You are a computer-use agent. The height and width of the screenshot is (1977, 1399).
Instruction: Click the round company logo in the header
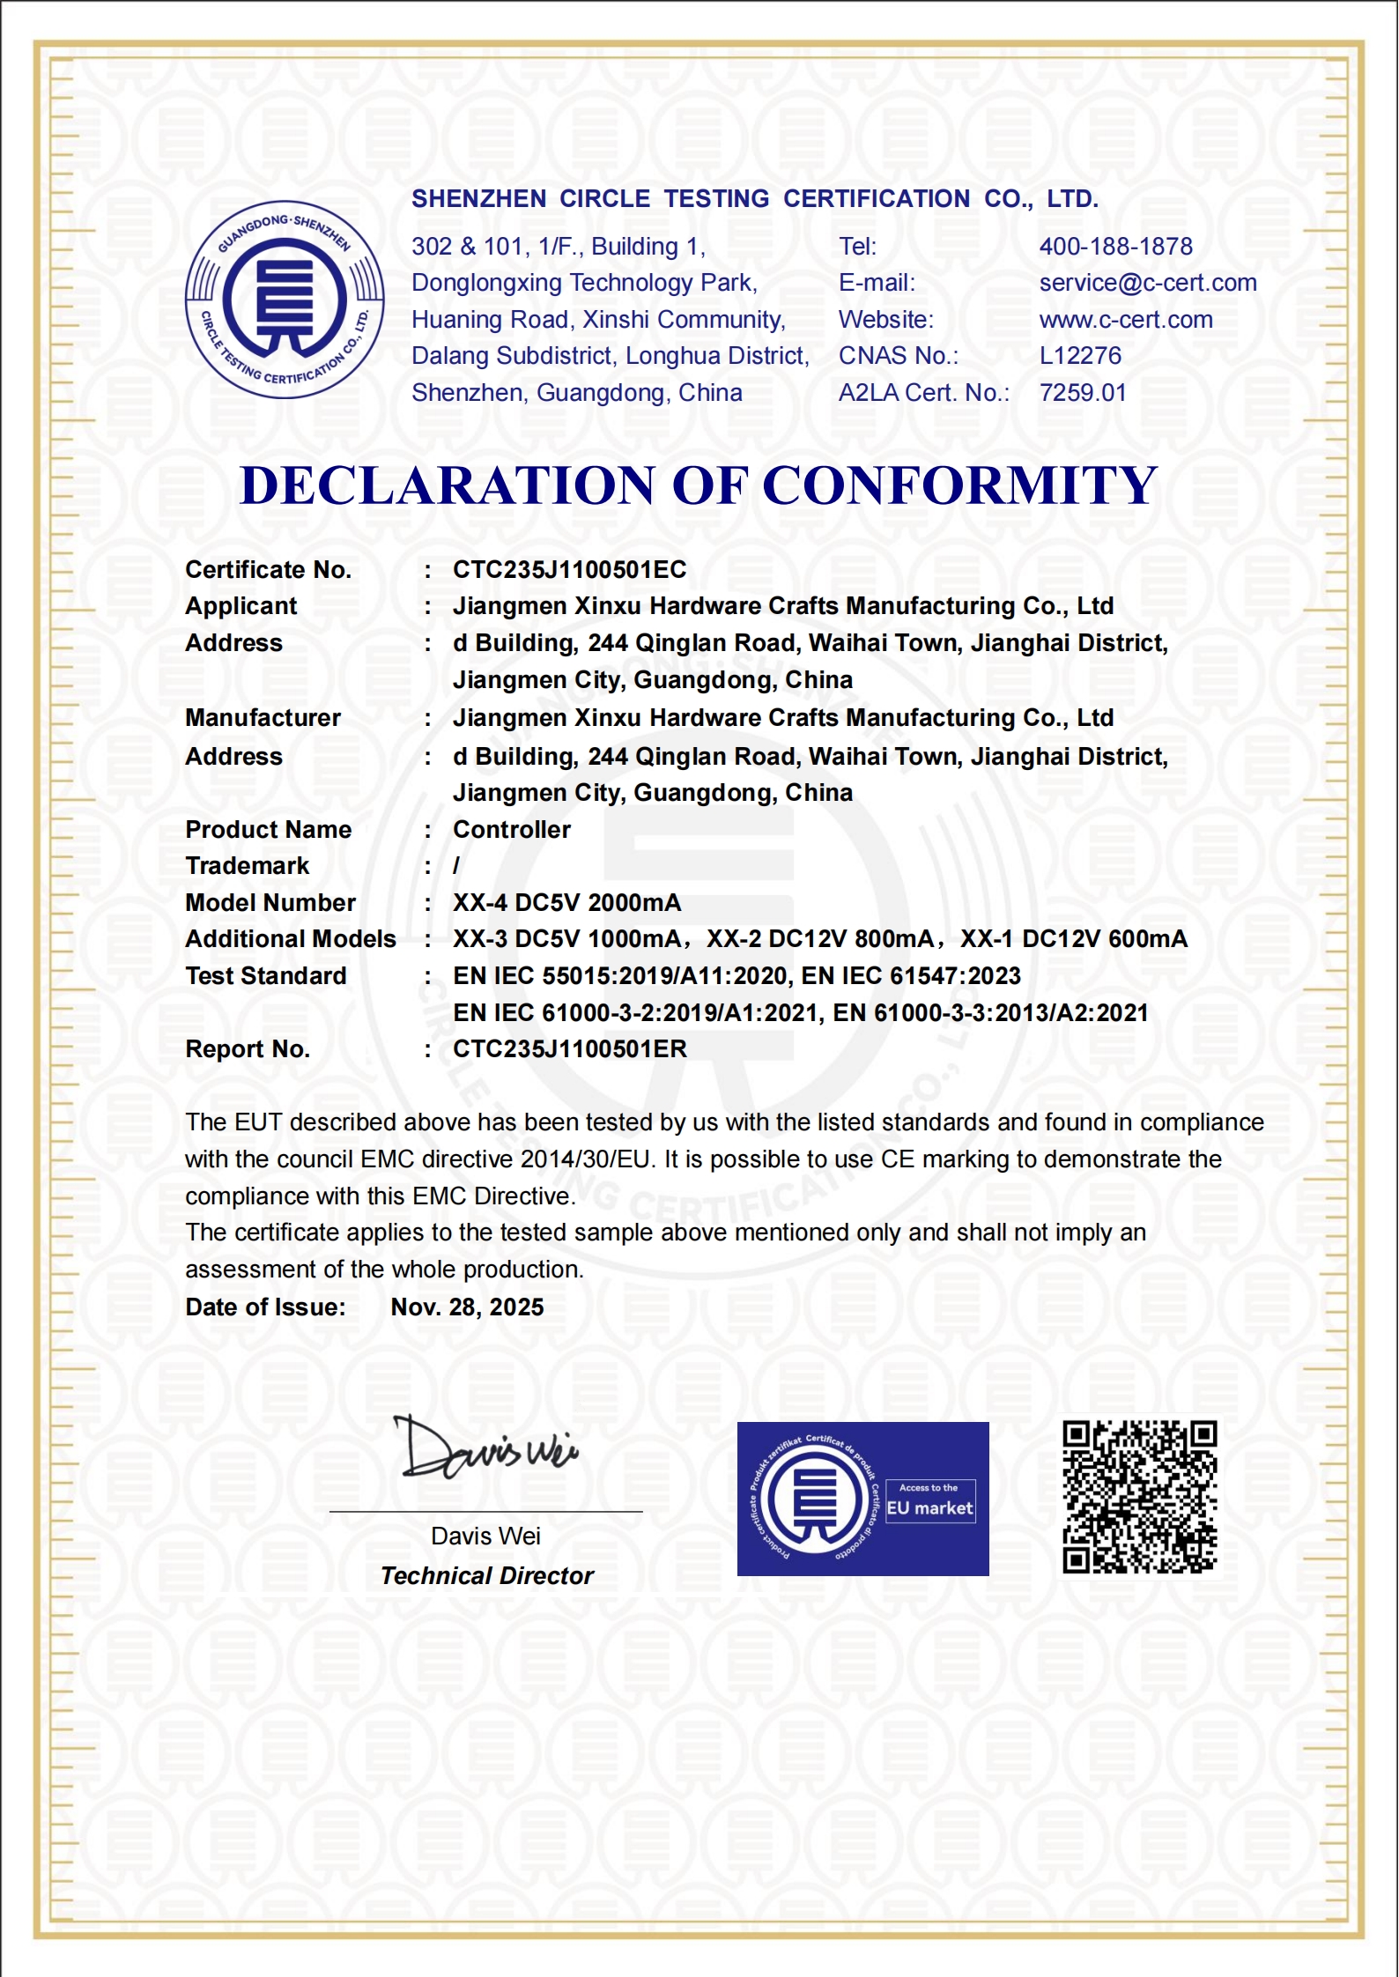pos(285,300)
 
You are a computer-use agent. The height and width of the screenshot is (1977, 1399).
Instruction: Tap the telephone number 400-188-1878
pos(1115,247)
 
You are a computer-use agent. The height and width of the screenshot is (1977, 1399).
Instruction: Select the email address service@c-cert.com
pos(1147,283)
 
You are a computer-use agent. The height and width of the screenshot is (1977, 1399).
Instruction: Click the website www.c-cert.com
pos(1125,320)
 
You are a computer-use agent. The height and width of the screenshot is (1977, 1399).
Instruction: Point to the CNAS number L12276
pos(1080,356)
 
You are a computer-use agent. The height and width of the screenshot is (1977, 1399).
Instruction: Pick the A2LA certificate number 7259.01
pos(1083,393)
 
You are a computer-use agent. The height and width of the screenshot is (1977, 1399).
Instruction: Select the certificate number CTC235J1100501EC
pos(569,570)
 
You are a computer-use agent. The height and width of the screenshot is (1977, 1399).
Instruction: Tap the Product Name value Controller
pos(511,830)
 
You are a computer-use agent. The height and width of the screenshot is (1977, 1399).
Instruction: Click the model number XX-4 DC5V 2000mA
pos(566,903)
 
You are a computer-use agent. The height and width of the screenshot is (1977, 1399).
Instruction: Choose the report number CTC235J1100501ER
pos(569,1049)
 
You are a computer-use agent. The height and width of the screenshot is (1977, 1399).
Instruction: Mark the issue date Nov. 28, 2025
pos(467,1307)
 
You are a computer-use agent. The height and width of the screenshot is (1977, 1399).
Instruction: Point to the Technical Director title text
pos(486,1576)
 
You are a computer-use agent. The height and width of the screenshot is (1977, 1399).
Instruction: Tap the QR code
pos(1139,1497)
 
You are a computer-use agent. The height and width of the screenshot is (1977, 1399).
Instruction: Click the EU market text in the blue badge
pos(929,1508)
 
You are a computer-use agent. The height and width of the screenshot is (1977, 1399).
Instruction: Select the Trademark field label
pos(247,866)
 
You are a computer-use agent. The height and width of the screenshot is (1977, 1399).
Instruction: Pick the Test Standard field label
pos(265,976)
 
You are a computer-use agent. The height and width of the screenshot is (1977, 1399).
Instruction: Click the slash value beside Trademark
pos(456,867)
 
